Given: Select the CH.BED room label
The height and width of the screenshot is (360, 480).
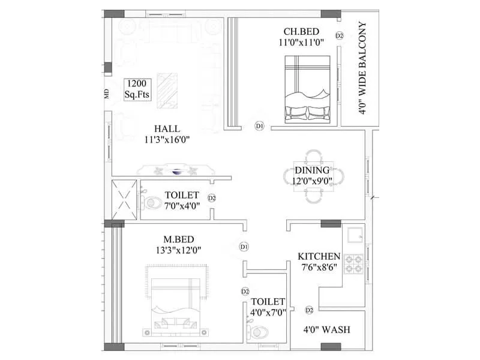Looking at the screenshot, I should point(301,32).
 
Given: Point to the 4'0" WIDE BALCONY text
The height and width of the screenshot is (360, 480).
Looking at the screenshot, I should point(363,69).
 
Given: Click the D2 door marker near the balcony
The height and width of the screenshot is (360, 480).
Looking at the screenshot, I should point(339,36).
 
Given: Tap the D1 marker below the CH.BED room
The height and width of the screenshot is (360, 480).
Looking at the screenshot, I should point(259,126).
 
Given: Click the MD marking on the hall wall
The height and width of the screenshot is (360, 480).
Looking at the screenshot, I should point(107,94).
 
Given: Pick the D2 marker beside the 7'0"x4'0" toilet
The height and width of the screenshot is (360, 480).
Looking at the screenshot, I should point(212,197).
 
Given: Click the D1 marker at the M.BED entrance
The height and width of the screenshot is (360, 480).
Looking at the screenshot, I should point(244,247).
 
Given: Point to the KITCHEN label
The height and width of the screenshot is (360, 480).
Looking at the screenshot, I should point(319,257).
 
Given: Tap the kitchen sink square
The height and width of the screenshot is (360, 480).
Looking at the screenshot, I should point(354,235).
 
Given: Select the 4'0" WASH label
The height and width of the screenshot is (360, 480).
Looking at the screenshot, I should point(326,330).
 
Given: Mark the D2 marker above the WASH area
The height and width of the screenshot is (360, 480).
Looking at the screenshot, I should point(310,310).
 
